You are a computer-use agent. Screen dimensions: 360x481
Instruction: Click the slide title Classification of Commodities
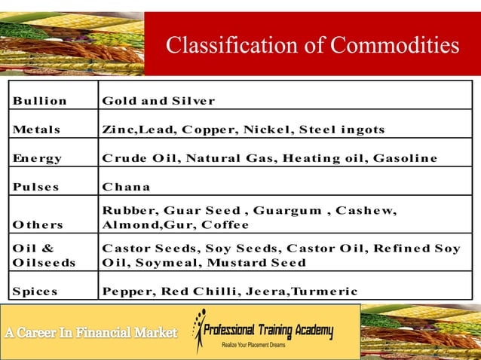click(x=312, y=46)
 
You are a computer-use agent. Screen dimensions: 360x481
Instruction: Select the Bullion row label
click(x=39, y=101)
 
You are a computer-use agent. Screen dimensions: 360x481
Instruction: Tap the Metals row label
click(x=36, y=130)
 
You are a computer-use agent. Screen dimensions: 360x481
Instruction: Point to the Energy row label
click(x=37, y=158)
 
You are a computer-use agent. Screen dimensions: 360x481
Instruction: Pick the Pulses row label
click(x=35, y=187)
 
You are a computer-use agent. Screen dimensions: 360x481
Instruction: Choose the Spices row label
click(x=35, y=291)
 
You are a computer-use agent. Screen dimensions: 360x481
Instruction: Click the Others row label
click(x=38, y=224)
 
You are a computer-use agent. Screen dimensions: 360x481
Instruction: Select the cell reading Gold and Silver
click(x=158, y=101)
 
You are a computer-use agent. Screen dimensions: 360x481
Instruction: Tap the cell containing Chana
click(x=126, y=187)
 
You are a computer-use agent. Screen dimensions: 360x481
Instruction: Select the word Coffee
click(x=225, y=224)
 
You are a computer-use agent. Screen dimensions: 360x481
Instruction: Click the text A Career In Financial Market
click(x=90, y=332)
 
